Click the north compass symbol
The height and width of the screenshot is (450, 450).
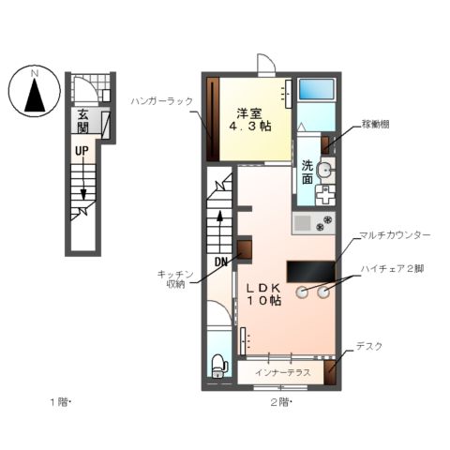[x=33, y=92]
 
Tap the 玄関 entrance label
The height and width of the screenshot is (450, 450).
[x=83, y=121]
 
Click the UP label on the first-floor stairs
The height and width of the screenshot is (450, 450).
[x=82, y=150]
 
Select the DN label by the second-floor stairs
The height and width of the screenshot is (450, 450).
[x=222, y=262]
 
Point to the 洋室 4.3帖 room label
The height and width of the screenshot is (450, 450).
[x=252, y=117]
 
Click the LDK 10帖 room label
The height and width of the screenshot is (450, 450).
[x=264, y=293]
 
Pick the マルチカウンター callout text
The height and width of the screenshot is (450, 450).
[x=395, y=235]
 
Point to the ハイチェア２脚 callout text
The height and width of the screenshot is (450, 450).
[x=394, y=268]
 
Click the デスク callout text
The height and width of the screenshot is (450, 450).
[x=368, y=346]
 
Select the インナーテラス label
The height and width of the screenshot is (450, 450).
[x=282, y=373]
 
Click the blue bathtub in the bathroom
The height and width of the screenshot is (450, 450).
[x=320, y=91]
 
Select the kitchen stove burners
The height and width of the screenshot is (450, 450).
[x=326, y=223]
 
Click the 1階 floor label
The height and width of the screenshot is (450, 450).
[x=61, y=403]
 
